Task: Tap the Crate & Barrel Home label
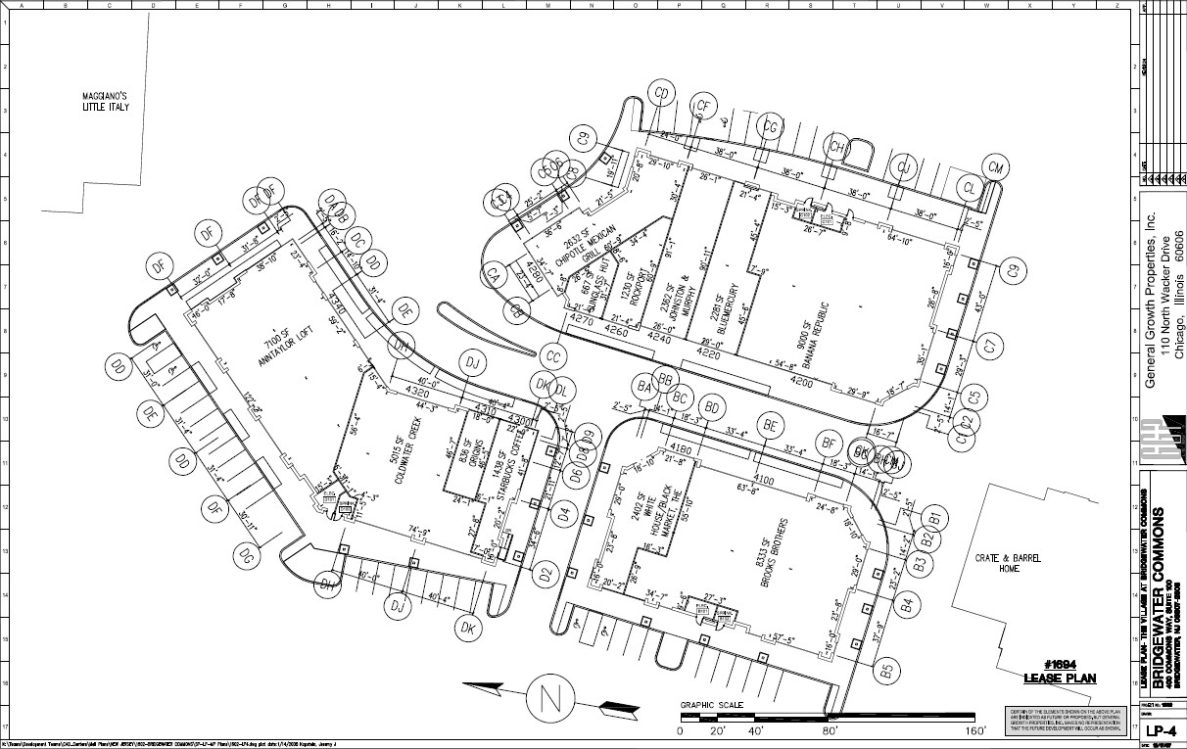click(1009, 563)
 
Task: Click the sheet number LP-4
click(1162, 731)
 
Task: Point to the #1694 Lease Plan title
click(1060, 672)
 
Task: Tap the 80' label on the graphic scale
click(832, 730)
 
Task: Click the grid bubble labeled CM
click(996, 167)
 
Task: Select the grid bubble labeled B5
click(886, 671)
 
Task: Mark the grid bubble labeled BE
click(772, 425)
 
